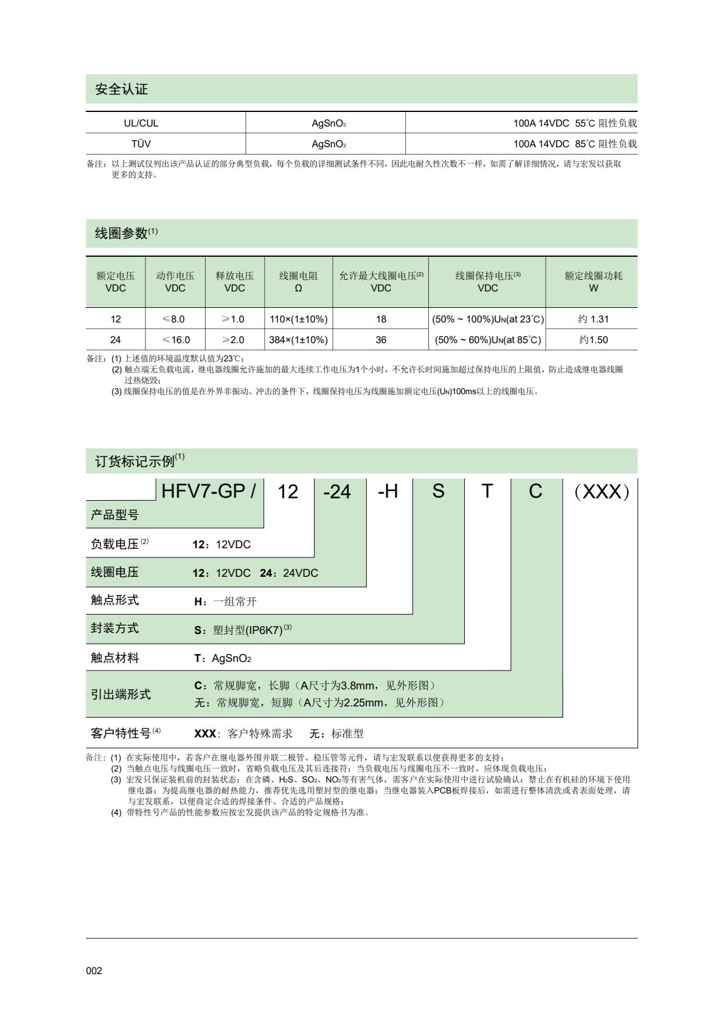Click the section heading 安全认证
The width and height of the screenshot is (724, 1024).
point(122,89)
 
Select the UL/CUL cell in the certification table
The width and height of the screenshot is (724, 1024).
point(141,123)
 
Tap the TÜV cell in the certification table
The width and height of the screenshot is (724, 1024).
point(141,144)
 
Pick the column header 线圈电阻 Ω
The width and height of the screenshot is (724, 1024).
point(298,282)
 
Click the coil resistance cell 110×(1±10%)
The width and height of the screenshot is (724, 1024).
point(298,319)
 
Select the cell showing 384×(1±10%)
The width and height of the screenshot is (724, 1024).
point(298,340)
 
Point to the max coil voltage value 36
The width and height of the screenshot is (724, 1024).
point(381,340)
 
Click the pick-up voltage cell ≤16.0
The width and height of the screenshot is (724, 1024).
point(175,340)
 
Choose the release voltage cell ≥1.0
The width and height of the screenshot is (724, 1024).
point(234,319)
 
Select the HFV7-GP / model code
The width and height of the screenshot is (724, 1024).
point(209,491)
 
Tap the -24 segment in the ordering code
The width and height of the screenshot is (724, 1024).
point(337,492)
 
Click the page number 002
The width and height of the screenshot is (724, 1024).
point(94,970)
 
